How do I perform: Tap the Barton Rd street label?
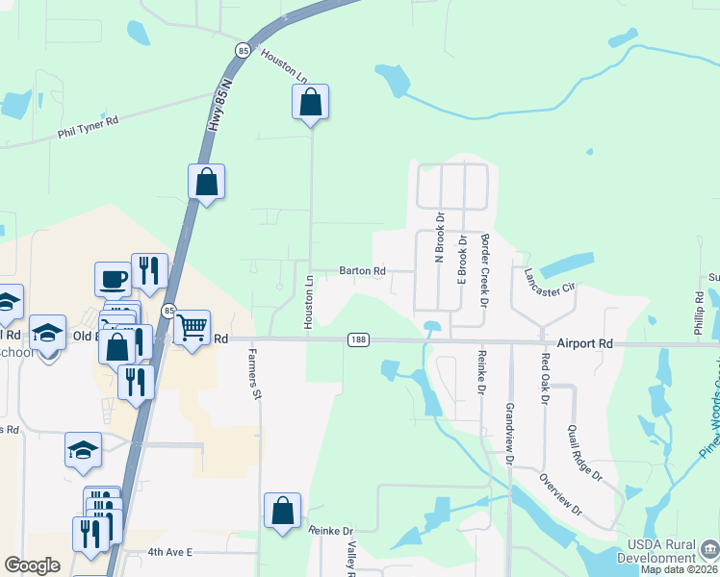[362, 271]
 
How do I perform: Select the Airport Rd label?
[585, 342]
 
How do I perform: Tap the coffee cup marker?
[113, 279]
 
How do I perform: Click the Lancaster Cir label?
[549, 281]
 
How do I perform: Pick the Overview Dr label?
[561, 493]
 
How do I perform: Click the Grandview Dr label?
[509, 435]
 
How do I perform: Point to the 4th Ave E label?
[170, 552]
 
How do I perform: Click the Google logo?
[32, 565]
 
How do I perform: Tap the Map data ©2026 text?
[679, 569]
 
